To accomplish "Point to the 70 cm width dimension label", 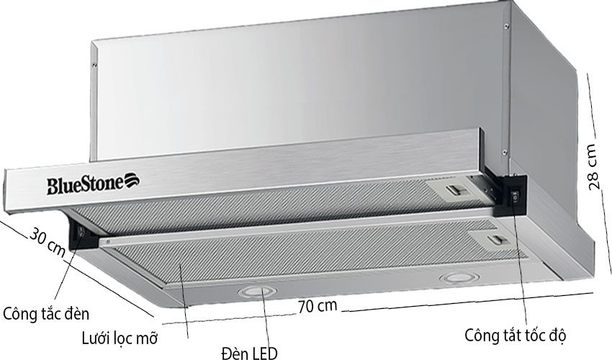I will point(318,305).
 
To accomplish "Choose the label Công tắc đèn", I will point(46,315).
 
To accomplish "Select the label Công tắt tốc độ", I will point(516,336).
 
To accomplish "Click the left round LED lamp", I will point(251,291).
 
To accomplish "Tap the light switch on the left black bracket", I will point(79,232).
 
